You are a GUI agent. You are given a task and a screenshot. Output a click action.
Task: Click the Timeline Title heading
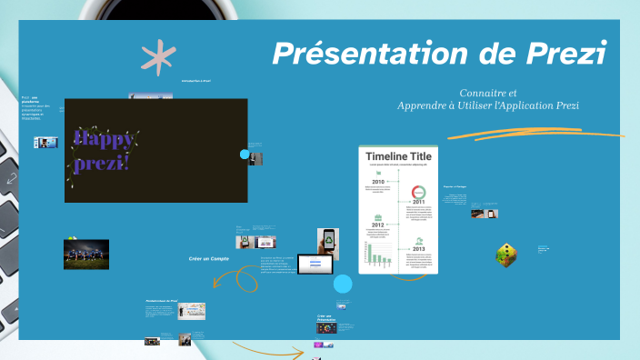point(398,156)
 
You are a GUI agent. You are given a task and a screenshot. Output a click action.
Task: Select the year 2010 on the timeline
point(377,182)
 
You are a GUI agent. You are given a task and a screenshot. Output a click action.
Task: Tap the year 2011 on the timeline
point(418,202)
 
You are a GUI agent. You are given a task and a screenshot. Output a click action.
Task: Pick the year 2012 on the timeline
point(377,225)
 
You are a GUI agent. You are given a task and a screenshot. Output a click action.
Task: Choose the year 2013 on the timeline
point(418,248)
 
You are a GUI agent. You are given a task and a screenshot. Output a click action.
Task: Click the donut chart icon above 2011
point(418,191)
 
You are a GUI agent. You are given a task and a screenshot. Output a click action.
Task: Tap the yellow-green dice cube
point(506,255)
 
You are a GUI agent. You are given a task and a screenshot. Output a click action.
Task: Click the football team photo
point(86,254)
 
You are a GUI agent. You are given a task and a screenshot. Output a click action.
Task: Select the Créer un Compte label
point(209,259)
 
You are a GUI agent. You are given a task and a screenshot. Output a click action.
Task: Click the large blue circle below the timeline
point(343,285)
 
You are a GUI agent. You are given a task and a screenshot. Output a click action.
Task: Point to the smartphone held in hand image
point(328,241)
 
